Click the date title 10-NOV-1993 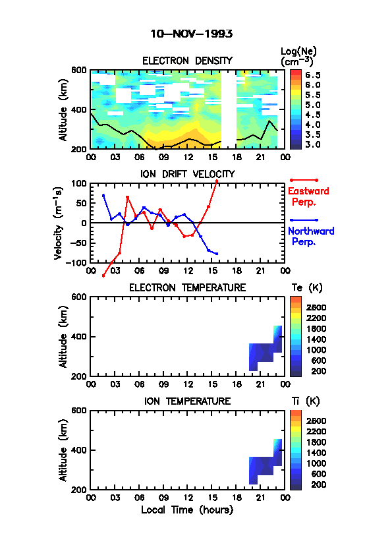pyautogui.click(x=192, y=34)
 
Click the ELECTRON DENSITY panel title pyautogui.click(x=187, y=61)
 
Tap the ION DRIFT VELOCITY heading pyautogui.click(x=187, y=174)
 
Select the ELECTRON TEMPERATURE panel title pyautogui.click(x=187, y=288)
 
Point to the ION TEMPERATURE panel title pyautogui.click(x=187, y=401)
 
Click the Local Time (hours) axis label pyautogui.click(x=187, y=510)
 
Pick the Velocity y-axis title pyautogui.click(x=59, y=223)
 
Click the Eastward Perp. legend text pyautogui.click(x=308, y=196)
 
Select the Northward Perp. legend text pyautogui.click(x=311, y=237)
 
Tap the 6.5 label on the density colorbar pyautogui.click(x=313, y=75)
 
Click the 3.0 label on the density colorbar pyautogui.click(x=313, y=144)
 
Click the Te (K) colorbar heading pyautogui.click(x=307, y=288)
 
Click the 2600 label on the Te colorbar pyautogui.click(x=316, y=308)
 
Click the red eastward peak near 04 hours pyautogui.click(x=127, y=197)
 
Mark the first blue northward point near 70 pyautogui.click(x=103, y=195)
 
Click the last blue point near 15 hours pyautogui.click(x=217, y=253)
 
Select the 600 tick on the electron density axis pyautogui.click(x=79, y=70)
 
